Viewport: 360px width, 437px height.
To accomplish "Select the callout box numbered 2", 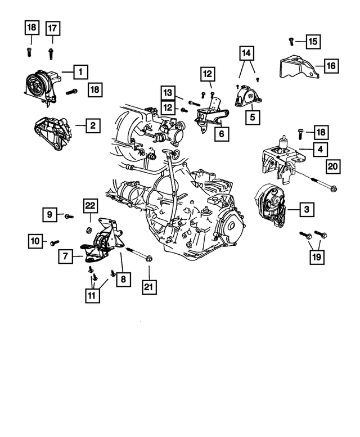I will (93, 125).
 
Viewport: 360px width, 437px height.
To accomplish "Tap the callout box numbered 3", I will (306, 210).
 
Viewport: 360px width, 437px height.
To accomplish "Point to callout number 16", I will (330, 66).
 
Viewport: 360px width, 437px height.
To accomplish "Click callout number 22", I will (90, 206).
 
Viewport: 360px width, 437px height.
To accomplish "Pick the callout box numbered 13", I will (167, 92).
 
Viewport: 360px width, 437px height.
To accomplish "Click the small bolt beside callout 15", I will (291, 40).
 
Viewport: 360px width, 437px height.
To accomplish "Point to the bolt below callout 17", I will (51, 53).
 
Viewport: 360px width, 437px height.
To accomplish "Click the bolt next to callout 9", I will (68, 215).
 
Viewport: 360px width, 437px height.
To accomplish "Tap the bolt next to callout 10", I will (54, 242).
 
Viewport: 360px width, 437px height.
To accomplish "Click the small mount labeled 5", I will (246, 97).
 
